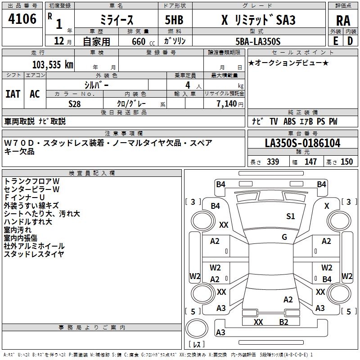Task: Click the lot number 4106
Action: [22, 19]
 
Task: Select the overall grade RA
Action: [343, 21]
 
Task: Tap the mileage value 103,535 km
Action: [53, 65]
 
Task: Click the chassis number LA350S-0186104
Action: [302, 143]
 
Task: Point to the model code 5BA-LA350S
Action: [258, 41]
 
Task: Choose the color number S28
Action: [74, 104]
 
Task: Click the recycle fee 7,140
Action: [227, 104]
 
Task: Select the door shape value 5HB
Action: [174, 20]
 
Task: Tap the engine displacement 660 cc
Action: [143, 42]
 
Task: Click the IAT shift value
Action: [13, 94]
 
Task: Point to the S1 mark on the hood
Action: [290, 216]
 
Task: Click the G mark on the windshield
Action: [284, 237]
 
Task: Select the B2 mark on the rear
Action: [283, 322]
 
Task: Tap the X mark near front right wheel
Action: [327, 206]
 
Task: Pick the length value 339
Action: [273, 162]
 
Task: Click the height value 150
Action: [346, 162]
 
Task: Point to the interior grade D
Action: [350, 41]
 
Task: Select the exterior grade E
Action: [335, 41]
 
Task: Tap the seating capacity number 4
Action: [188, 85]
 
